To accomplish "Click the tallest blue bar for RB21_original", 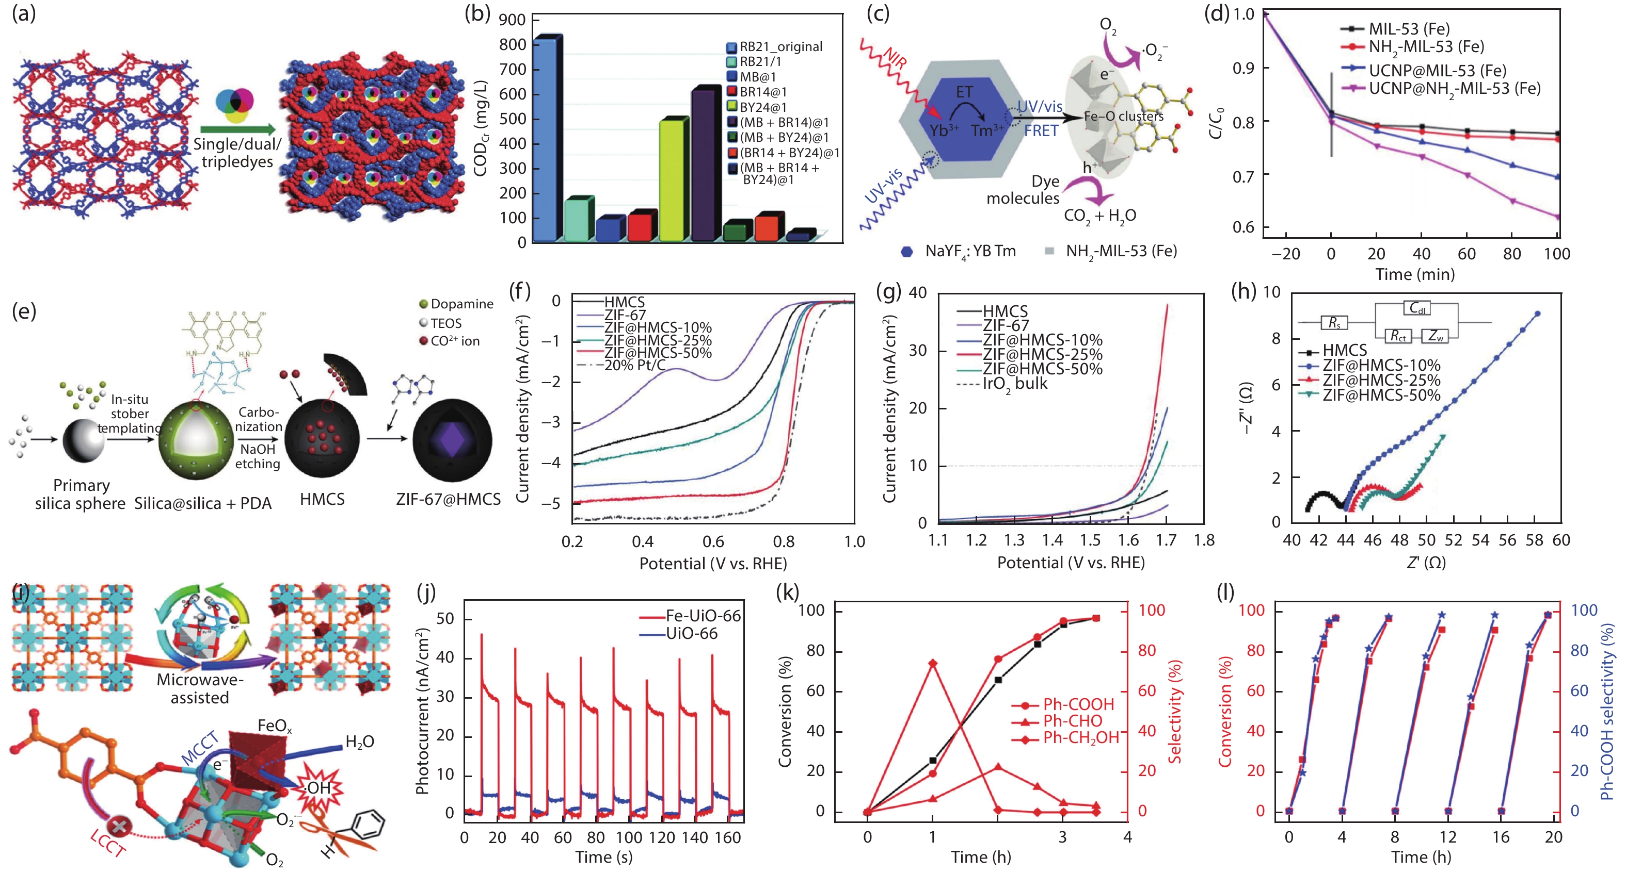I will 546,139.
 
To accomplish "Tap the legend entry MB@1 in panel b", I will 757,77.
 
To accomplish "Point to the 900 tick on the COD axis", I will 512,20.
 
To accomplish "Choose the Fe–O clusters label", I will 1124,117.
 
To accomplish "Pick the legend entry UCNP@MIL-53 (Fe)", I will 1437,70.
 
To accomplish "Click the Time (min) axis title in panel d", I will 1414,274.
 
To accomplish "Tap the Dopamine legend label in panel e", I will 461,304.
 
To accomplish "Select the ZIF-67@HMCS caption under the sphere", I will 448,500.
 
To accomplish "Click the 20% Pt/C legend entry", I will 634,365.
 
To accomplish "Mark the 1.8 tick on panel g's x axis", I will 1204,540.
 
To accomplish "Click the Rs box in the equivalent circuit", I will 1334,323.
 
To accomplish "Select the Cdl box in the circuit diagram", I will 1417,308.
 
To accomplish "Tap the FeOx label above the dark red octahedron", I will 275,726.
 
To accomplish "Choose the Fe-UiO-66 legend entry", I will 703,616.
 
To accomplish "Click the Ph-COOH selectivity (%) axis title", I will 1608,711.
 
